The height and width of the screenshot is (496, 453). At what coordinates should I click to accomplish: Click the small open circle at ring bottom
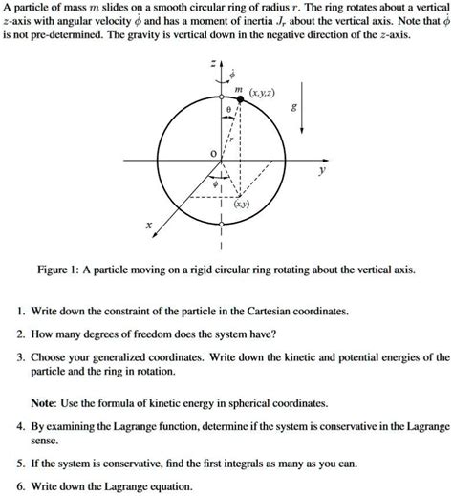pos(221,226)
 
